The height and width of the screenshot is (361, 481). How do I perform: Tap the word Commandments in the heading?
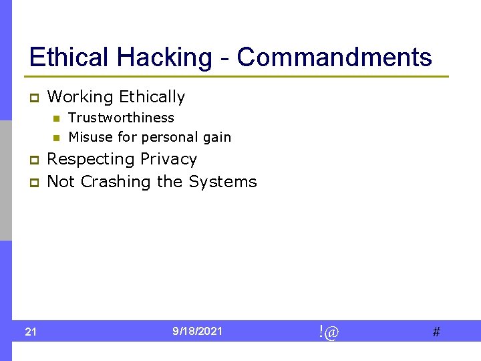pyautogui.click(x=335, y=57)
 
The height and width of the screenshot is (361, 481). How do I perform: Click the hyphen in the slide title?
pyautogui.click(x=224, y=59)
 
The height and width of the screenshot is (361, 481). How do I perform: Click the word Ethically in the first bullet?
pyautogui.click(x=152, y=97)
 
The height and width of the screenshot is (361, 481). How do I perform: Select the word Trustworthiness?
pyautogui.click(x=121, y=118)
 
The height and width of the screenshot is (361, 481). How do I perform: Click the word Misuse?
pyautogui.click(x=90, y=137)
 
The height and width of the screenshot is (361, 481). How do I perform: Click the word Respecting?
pyautogui.click(x=90, y=159)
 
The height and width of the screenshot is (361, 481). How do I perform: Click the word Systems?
pyautogui.click(x=222, y=182)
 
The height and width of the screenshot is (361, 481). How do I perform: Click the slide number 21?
pyautogui.click(x=31, y=332)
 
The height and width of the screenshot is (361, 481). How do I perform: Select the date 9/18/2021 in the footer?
pyautogui.click(x=198, y=331)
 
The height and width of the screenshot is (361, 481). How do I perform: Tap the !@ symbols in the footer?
pyautogui.click(x=328, y=331)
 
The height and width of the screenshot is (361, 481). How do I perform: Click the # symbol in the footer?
pyautogui.click(x=436, y=332)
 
